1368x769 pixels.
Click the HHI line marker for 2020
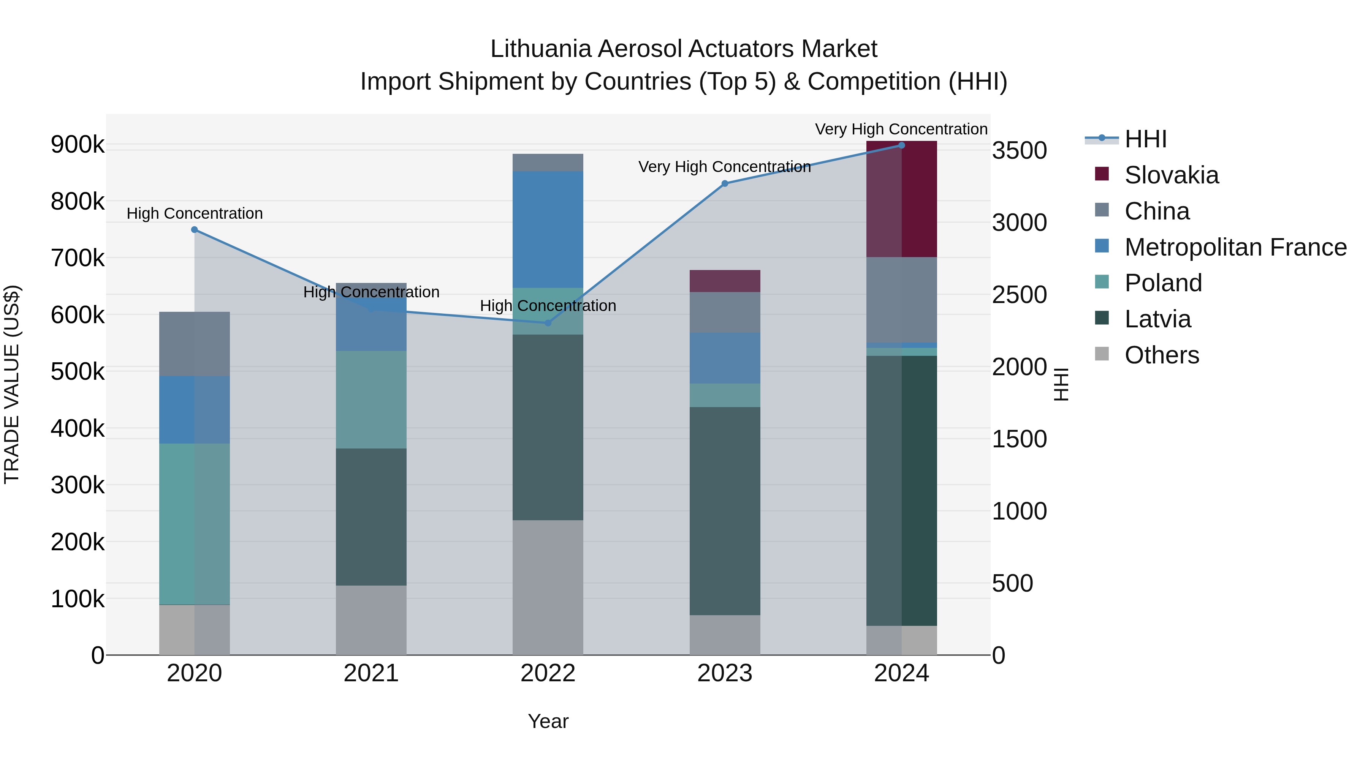point(194,230)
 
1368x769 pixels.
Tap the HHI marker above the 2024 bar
point(901,145)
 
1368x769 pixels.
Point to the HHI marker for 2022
point(548,323)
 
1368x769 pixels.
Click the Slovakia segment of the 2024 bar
point(901,199)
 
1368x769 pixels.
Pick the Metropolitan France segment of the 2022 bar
point(548,229)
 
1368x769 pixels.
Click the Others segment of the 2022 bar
point(548,587)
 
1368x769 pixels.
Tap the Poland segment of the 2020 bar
point(194,524)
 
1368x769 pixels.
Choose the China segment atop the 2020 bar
point(194,344)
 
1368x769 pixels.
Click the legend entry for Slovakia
point(1171,175)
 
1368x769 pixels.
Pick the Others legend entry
point(1161,355)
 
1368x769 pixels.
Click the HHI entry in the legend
point(1145,139)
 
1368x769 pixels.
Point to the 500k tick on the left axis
point(78,371)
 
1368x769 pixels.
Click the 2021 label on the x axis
point(371,673)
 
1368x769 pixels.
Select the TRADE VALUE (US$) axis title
point(12,384)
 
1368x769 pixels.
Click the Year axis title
point(548,721)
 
